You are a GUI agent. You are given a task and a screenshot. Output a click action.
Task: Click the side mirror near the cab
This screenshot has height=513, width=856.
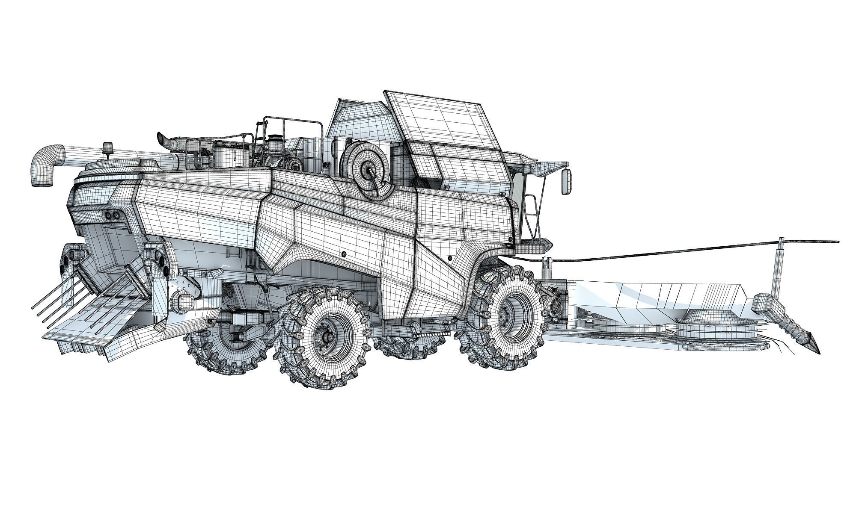point(566,182)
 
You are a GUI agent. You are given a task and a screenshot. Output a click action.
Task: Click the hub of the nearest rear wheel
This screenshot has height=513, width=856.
point(329,337)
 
